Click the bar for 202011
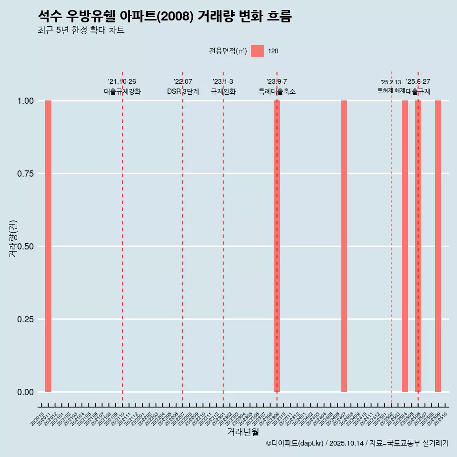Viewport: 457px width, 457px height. [x=48, y=246]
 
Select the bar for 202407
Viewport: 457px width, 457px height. [x=344, y=246]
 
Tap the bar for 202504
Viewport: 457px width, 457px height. [x=405, y=246]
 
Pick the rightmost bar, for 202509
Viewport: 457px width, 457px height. [x=438, y=246]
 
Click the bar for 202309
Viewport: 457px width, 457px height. [x=277, y=246]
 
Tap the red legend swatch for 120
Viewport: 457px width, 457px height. [x=257, y=51]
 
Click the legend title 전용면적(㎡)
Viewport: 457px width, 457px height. [x=228, y=51]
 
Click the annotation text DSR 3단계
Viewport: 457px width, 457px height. [x=183, y=91]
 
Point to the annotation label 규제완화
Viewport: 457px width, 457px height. [x=223, y=91]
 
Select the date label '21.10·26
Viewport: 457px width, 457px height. [x=122, y=82]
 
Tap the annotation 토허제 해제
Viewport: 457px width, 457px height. [x=391, y=90]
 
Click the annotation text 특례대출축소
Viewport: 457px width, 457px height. [x=277, y=91]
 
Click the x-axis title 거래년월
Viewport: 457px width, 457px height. [x=243, y=432]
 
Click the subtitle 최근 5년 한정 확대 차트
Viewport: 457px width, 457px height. [x=81, y=30]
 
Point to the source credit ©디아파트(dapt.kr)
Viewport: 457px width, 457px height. [x=295, y=444]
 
